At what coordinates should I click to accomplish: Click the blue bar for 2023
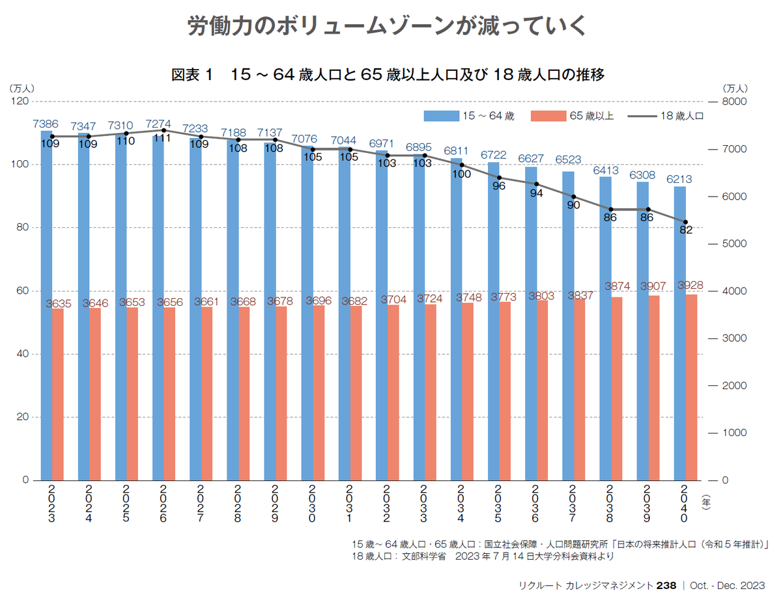tap(46, 306)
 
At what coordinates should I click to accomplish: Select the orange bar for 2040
tap(691, 387)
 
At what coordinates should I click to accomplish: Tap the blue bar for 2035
tap(493, 322)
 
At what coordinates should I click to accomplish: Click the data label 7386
tap(46, 124)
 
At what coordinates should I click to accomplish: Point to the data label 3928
tap(690, 286)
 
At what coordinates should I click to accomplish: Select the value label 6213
tap(679, 179)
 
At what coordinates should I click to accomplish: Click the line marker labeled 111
tap(163, 130)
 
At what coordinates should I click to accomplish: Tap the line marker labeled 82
tap(685, 222)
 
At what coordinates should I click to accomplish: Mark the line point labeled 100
tap(462, 165)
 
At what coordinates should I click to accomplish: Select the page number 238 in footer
tap(666, 586)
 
